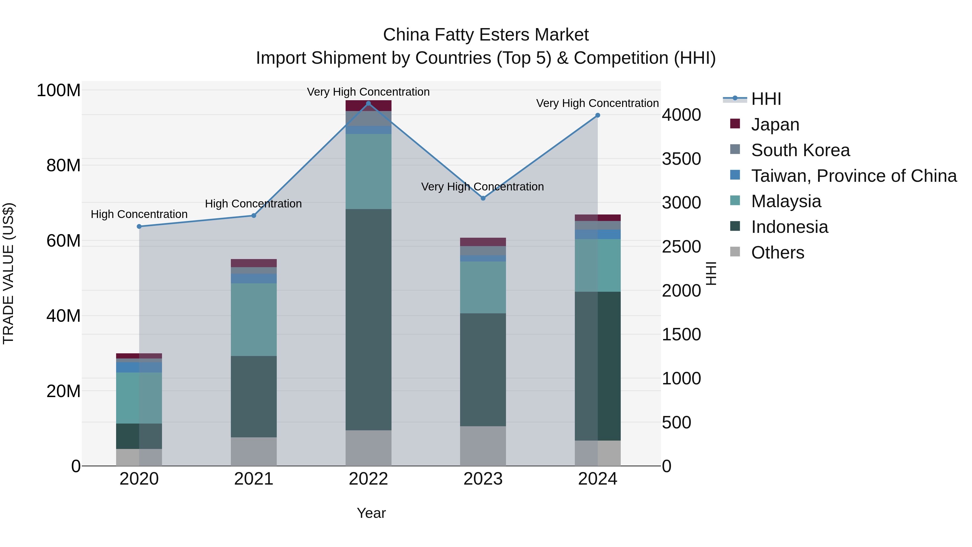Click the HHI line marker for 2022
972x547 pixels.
tap(368, 103)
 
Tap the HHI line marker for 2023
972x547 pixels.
tap(483, 198)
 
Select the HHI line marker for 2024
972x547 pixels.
tap(598, 116)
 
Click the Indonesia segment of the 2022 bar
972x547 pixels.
tap(368, 319)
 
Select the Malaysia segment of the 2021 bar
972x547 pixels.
tap(254, 319)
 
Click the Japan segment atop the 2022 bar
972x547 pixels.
tap(368, 106)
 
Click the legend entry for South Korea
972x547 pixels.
tap(800, 150)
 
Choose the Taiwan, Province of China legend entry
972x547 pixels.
tap(853, 176)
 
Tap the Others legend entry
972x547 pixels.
tap(777, 253)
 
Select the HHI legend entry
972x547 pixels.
tap(766, 99)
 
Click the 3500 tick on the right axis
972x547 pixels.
tap(681, 159)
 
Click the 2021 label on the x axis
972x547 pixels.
tap(254, 479)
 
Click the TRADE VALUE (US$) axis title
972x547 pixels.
tap(8, 273)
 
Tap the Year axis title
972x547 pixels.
tap(371, 513)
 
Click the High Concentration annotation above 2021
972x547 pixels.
tap(253, 204)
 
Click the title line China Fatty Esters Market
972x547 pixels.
tap(486, 35)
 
